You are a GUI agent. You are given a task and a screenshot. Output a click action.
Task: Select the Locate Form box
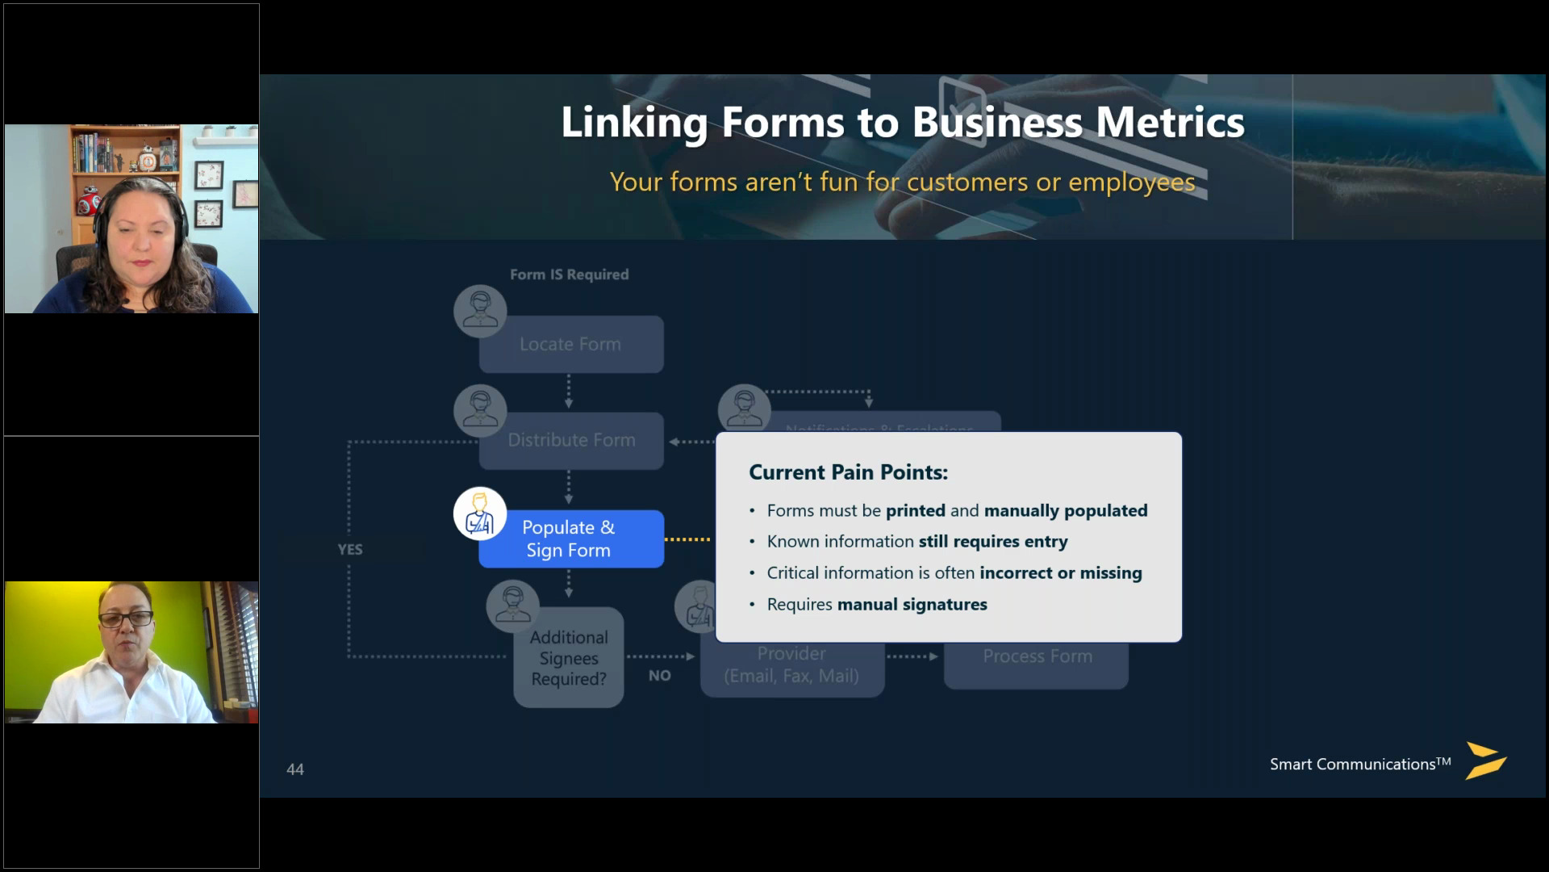point(571,345)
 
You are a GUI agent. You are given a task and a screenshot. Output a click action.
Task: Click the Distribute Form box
point(571,441)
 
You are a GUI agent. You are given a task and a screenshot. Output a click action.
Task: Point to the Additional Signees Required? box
point(569,658)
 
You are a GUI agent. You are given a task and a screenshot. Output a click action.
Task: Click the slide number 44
point(295,769)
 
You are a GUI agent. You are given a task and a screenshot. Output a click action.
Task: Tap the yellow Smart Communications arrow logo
point(1484,761)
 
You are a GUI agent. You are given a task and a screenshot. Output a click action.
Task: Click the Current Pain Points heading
point(848,472)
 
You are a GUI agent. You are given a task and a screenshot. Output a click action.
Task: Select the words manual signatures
point(912,605)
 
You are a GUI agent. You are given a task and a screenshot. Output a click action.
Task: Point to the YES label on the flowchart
point(350,550)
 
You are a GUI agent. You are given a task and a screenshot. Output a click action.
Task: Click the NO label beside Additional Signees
point(660,676)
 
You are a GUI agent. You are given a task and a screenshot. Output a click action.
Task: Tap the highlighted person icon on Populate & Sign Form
point(480,514)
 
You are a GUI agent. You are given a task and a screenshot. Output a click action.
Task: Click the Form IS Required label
point(569,275)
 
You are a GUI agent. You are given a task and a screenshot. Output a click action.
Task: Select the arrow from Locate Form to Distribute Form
point(569,392)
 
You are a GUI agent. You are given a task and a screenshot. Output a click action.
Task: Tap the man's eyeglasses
point(126,619)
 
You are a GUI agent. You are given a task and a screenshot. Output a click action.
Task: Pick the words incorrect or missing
point(1060,573)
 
